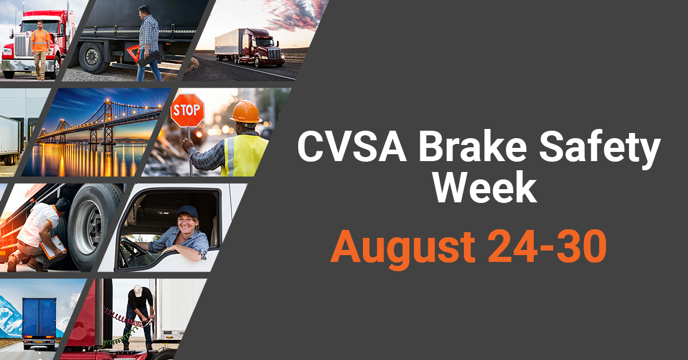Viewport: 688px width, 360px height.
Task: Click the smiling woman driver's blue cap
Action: [x=187, y=212]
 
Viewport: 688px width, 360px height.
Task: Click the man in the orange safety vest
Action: [x=40, y=49]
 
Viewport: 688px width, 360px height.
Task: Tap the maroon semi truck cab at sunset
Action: [x=261, y=48]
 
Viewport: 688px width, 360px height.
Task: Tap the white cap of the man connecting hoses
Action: [x=138, y=289]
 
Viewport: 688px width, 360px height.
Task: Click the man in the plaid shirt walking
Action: [x=149, y=43]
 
